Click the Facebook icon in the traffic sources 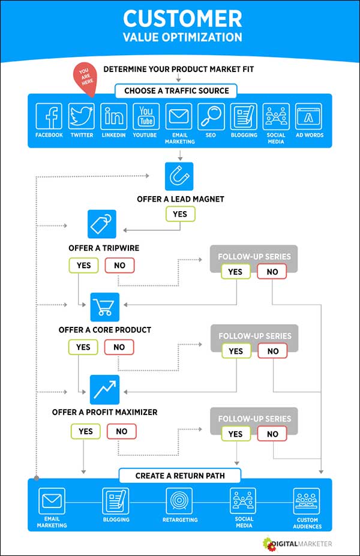pyautogui.click(x=49, y=116)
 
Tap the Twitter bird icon pyautogui.click(x=82, y=116)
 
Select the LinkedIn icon pyautogui.click(x=113, y=116)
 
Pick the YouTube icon pyautogui.click(x=145, y=116)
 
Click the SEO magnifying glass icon pyautogui.click(x=211, y=116)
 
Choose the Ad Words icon pyautogui.click(x=308, y=116)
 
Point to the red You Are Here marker pyautogui.click(x=85, y=79)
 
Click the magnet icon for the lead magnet pyautogui.click(x=179, y=176)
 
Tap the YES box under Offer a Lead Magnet pyautogui.click(x=180, y=214)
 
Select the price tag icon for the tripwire pyautogui.click(x=102, y=224)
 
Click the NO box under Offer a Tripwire pyautogui.click(x=119, y=265)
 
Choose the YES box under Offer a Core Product pyautogui.click(x=83, y=347)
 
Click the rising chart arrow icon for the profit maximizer pyautogui.click(x=104, y=389)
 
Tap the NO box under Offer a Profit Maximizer pyautogui.click(x=122, y=431)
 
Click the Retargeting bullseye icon pyautogui.click(x=179, y=501)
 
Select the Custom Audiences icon pyautogui.click(x=307, y=501)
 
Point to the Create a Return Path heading pyautogui.click(x=180, y=476)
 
